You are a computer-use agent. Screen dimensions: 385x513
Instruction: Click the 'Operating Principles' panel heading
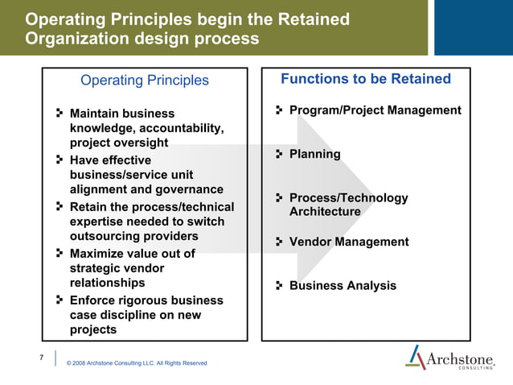point(145,81)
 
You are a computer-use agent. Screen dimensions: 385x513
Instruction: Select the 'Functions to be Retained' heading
point(366,79)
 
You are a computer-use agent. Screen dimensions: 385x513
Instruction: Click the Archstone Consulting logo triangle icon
point(416,357)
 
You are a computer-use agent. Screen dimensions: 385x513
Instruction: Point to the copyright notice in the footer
point(136,363)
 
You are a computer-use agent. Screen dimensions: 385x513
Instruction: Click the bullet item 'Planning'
point(314,154)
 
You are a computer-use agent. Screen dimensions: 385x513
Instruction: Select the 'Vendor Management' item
point(348,242)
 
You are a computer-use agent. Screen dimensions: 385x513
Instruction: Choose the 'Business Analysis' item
point(343,286)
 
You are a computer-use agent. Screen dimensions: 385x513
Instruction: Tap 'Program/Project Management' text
point(375,110)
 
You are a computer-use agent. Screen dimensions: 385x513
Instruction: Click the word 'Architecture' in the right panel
point(325,212)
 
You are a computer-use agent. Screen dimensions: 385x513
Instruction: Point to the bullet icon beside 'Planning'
point(280,154)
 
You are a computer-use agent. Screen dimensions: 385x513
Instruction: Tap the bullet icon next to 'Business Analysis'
point(280,286)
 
